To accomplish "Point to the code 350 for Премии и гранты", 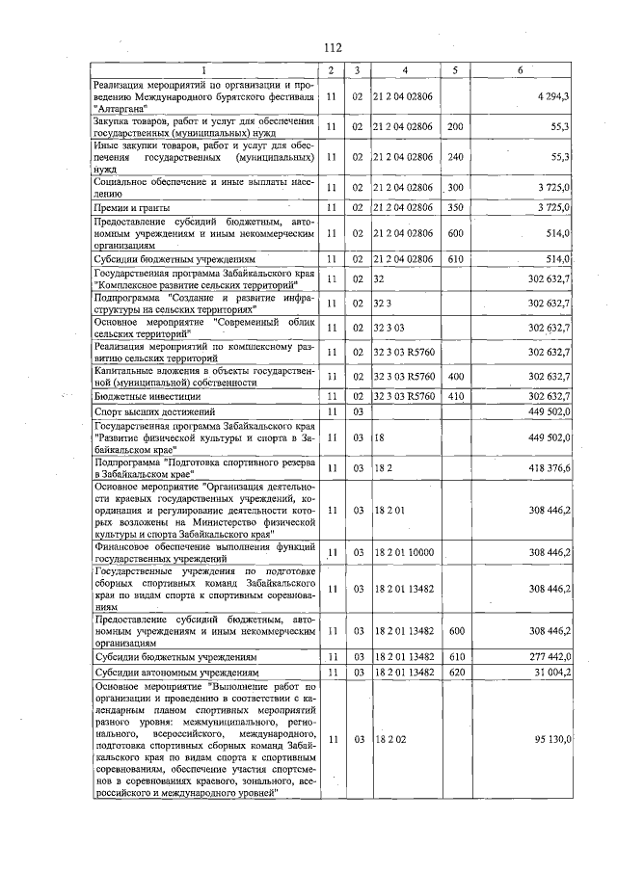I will [x=457, y=208].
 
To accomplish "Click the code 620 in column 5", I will [x=457, y=673].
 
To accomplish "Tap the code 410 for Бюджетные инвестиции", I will [x=457, y=396].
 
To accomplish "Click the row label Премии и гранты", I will [x=133, y=208].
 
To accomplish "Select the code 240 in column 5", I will [x=457, y=156].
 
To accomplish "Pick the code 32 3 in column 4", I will [x=385, y=304].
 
